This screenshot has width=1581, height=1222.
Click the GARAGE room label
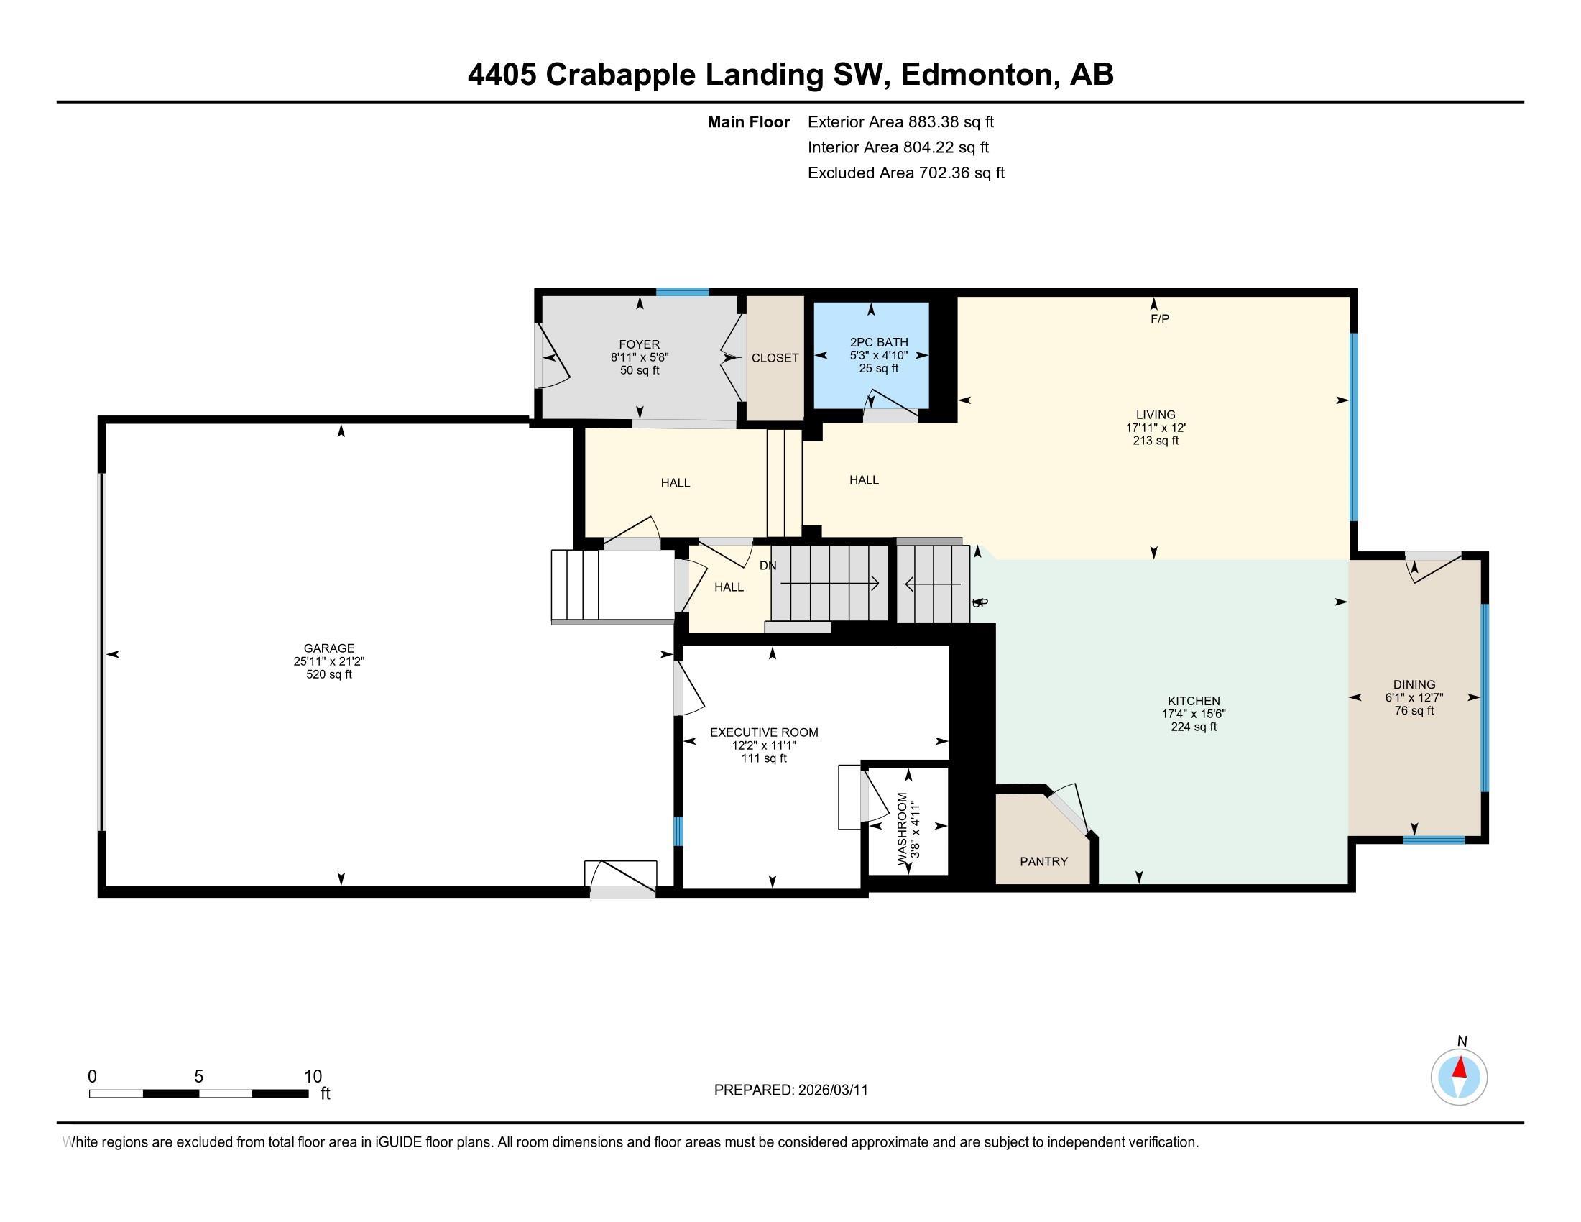click(x=328, y=648)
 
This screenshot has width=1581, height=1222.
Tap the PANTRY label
click(x=1043, y=861)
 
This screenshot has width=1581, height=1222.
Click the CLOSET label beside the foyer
click(x=775, y=358)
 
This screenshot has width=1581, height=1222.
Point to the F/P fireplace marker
click(x=1160, y=318)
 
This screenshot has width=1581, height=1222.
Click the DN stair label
click(x=768, y=566)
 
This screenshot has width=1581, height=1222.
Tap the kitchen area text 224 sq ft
click(x=1193, y=727)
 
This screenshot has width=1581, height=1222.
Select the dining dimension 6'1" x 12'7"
click(x=1414, y=698)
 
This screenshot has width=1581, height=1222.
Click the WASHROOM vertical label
click(x=903, y=828)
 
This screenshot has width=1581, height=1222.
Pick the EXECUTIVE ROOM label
click(x=764, y=732)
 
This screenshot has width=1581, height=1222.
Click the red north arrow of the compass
click(x=1460, y=1067)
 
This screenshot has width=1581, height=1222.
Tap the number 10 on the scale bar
click(x=313, y=1076)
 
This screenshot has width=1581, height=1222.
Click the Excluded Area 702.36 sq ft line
click(x=905, y=173)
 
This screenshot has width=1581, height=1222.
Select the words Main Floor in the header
click(x=748, y=122)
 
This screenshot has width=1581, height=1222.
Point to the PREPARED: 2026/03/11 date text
click(x=790, y=1090)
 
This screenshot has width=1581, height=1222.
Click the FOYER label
click(x=639, y=344)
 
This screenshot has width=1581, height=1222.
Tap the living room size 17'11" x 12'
click(x=1156, y=428)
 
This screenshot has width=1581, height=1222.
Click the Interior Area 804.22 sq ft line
click(x=898, y=147)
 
